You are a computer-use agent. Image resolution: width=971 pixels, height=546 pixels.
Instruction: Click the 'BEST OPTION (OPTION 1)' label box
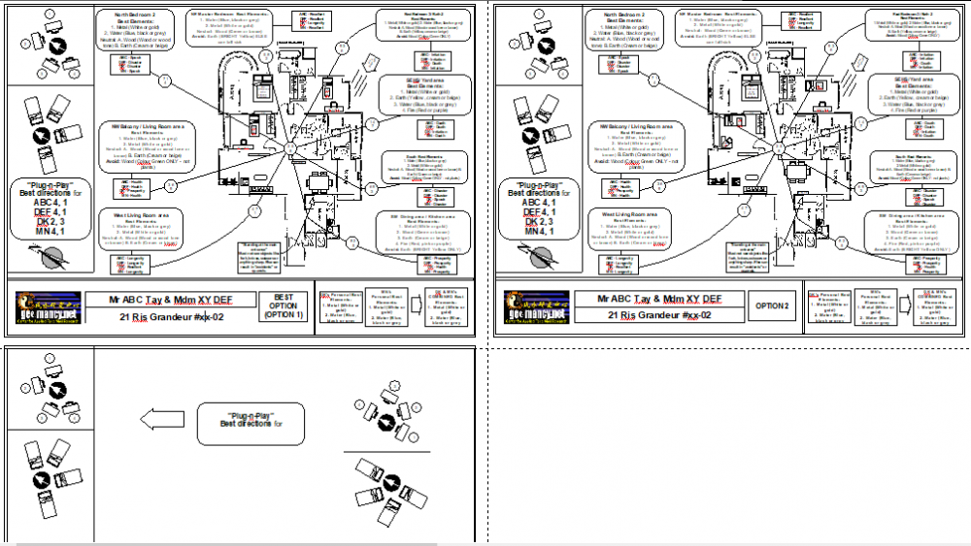[x=285, y=307]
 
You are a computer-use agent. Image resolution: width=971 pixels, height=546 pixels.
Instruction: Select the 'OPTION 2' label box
[x=772, y=307]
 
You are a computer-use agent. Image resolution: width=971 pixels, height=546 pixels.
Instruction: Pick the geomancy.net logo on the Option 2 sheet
[x=535, y=308]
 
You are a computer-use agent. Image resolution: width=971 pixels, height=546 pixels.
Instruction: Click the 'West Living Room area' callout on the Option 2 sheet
[x=633, y=230]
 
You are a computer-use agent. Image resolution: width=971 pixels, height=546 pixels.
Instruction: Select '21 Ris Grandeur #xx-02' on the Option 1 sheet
[x=171, y=316]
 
